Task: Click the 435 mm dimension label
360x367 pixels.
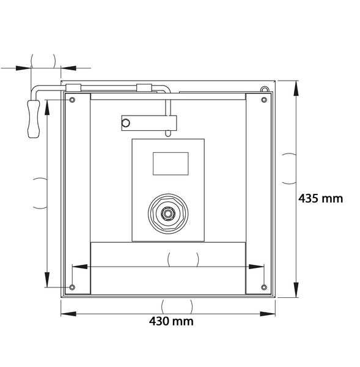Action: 320,198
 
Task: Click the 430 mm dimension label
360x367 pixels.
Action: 171,321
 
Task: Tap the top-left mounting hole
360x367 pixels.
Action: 72,100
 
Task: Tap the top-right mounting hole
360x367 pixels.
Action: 264,100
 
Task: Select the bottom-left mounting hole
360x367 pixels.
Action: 72,287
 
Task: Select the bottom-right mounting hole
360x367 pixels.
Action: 264,287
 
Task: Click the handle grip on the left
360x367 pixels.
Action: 34,119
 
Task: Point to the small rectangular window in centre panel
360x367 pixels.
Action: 171,163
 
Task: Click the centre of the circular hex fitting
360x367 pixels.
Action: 168,213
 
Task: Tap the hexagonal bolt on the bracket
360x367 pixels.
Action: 126,123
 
